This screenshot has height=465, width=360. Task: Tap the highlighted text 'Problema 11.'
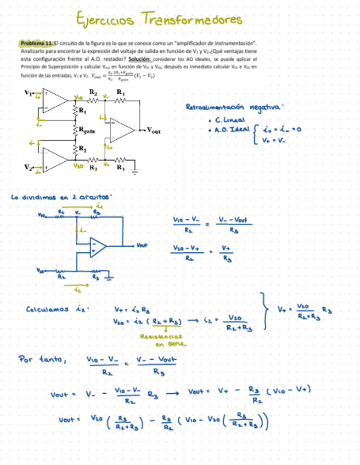point(35,42)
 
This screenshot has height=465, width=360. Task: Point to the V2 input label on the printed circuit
point(28,166)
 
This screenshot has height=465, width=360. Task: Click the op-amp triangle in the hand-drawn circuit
point(98,246)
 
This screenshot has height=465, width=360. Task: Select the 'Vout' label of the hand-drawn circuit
point(143,245)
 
